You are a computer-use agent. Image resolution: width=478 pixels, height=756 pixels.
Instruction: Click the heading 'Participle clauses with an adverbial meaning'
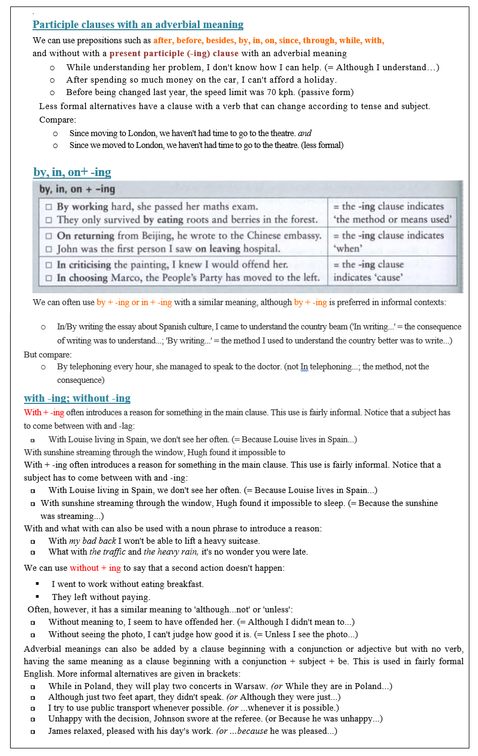pyautogui.click(x=138, y=25)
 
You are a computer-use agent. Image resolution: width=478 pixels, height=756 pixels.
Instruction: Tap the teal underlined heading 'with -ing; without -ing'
pyautogui.click(x=77, y=399)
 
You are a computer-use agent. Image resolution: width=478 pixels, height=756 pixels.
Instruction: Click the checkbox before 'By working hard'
pyautogui.click(x=49, y=207)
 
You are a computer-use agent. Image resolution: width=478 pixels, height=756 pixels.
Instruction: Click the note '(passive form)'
pyautogui.click(x=328, y=92)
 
